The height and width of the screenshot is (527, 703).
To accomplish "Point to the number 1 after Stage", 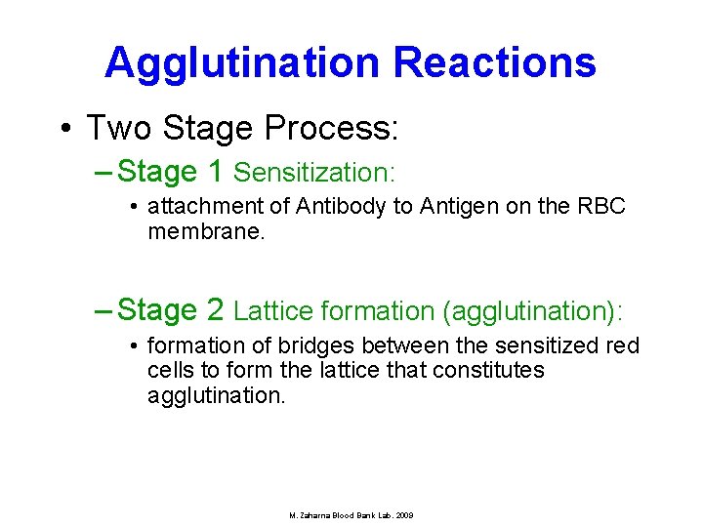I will click(216, 172).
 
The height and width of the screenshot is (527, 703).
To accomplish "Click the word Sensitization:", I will click(314, 173).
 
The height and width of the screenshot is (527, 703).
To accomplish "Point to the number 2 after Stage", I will click(216, 310).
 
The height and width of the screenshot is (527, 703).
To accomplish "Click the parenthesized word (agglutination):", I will click(532, 311).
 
